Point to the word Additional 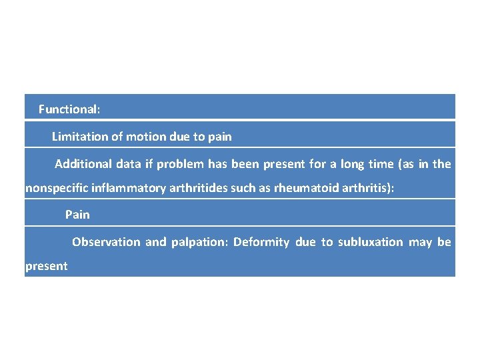pos(83,164)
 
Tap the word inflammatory pos(125,188)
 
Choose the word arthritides pos(197,188)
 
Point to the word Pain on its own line pos(77,215)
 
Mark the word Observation pos(106,242)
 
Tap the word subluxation pos(371,242)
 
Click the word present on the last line pos(46,267)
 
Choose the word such pos(243,188)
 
